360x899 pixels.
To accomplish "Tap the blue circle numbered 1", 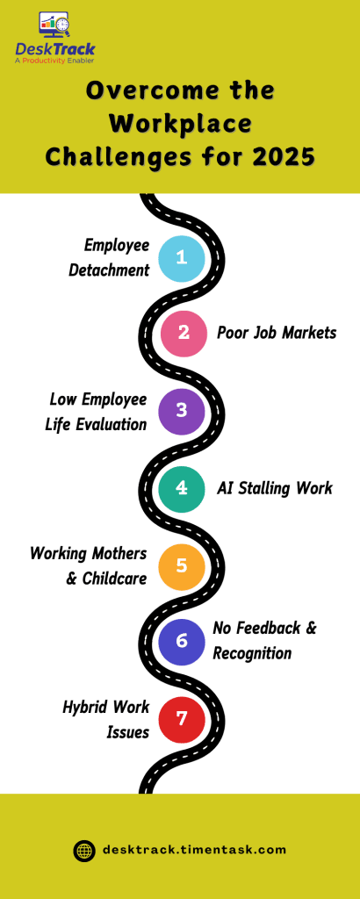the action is [182, 258].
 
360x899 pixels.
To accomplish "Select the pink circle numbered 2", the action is [183, 333].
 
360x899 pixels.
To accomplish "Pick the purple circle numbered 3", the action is [182, 411].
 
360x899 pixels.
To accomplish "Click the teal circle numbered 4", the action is [182, 487].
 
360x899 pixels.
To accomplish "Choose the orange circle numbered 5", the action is [182, 565].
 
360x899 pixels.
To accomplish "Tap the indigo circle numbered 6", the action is [182, 641].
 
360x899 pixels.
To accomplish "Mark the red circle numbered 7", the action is [182, 719].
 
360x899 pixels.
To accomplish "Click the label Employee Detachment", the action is [111, 257].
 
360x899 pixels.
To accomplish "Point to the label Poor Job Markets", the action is [277, 333].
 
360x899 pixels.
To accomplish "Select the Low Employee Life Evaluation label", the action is [97, 412].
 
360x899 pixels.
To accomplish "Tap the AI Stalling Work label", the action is [275, 488].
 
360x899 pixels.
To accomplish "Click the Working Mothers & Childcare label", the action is [88, 565].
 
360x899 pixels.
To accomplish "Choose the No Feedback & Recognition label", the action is [263, 641].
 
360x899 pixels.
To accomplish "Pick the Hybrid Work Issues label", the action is [106, 719].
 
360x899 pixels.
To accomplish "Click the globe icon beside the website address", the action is [84, 850].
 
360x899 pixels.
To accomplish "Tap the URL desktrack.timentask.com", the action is [194, 850].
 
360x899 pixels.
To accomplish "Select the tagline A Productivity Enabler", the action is [54, 61].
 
